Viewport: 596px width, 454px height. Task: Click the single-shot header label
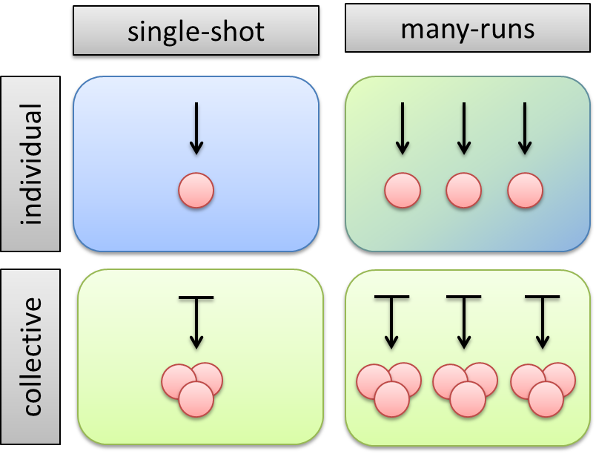pos(196,33)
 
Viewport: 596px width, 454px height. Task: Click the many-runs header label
pos(468,30)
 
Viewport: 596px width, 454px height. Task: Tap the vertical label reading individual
pos(30,163)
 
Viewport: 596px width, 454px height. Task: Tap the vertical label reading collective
pos(30,357)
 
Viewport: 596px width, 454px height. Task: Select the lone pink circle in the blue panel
pos(196,191)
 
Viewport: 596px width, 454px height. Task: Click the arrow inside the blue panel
pos(196,128)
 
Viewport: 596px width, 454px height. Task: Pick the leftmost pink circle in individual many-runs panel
pos(402,191)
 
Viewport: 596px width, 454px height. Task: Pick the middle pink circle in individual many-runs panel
pos(463,191)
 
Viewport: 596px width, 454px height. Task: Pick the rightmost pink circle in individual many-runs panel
pos(525,191)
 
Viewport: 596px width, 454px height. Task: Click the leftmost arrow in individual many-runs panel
pos(402,128)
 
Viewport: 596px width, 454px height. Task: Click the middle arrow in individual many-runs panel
pos(463,128)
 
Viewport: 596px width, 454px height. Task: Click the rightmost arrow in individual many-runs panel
pos(525,128)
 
